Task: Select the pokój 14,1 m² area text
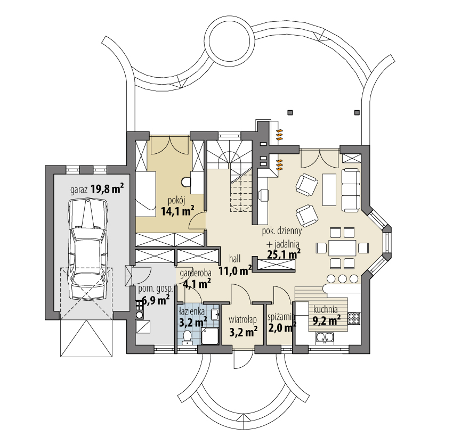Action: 177,207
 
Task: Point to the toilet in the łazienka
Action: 187,337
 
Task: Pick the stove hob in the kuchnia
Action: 354,318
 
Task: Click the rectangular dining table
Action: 342,248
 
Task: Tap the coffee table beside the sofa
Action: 329,189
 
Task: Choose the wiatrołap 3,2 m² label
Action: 243,326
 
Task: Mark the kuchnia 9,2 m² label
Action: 327,315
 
